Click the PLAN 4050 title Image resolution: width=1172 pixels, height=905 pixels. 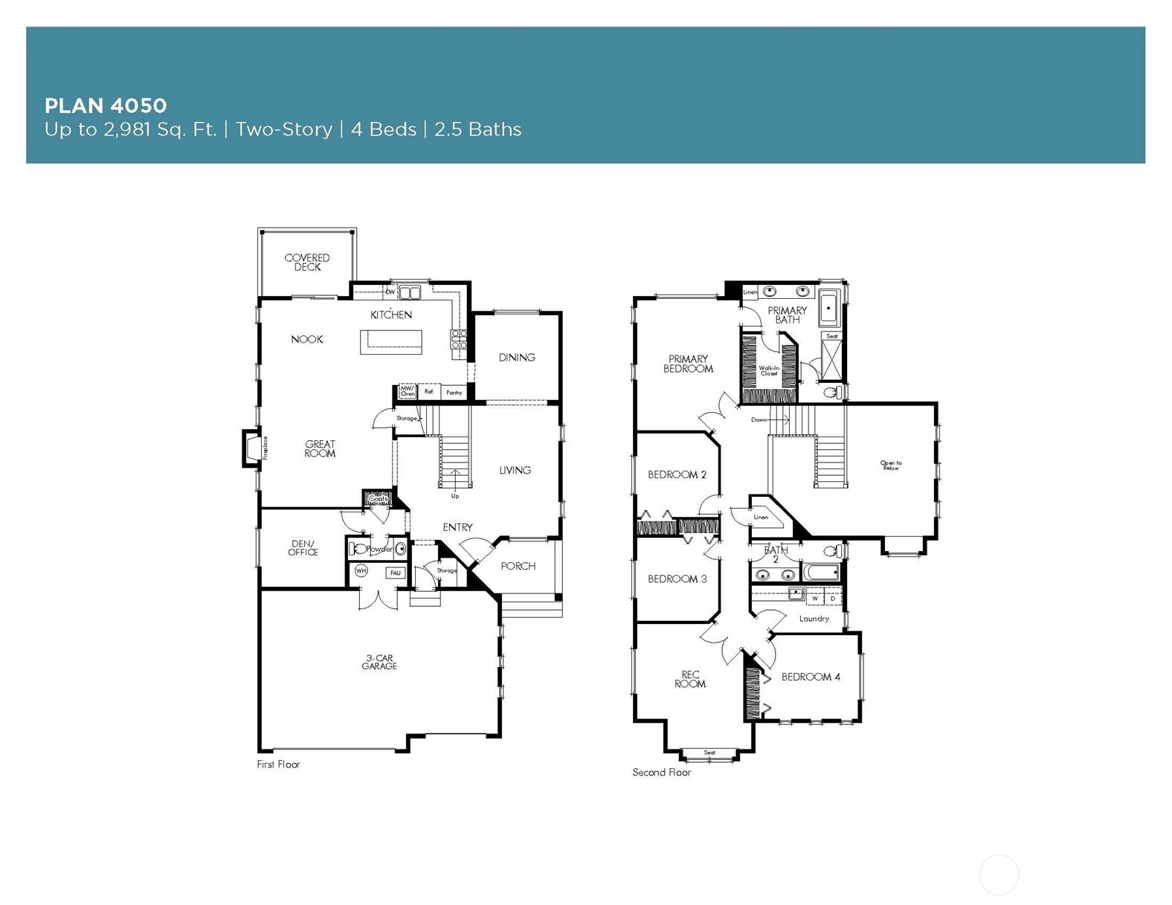[x=105, y=106]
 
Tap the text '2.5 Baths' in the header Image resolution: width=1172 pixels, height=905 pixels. [x=477, y=129]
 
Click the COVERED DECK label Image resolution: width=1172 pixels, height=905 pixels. [x=306, y=263]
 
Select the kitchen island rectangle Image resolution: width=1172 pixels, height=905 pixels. [x=390, y=343]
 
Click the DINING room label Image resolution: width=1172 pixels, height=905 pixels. [x=517, y=358]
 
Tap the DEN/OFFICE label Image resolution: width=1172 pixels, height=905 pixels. [x=303, y=548]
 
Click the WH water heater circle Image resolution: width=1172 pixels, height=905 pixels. [x=361, y=571]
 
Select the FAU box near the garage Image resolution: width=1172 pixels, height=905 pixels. [x=395, y=573]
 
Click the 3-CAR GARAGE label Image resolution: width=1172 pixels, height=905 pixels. [x=379, y=662]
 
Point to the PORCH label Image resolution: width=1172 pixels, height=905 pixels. [x=518, y=567]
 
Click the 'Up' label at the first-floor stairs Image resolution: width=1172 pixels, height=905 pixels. [x=455, y=496]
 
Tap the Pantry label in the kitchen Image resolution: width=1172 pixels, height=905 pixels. [x=454, y=393]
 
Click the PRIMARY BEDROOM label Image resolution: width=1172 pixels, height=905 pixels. [x=688, y=364]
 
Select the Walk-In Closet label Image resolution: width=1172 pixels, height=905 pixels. [x=769, y=370]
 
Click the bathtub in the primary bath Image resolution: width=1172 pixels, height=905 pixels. [x=828, y=309]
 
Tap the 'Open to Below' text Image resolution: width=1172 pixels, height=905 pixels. [x=891, y=466]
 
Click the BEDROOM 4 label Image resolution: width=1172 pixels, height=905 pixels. [x=811, y=677]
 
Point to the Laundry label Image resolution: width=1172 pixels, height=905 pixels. [x=814, y=619]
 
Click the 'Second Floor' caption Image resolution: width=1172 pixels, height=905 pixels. [x=662, y=773]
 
